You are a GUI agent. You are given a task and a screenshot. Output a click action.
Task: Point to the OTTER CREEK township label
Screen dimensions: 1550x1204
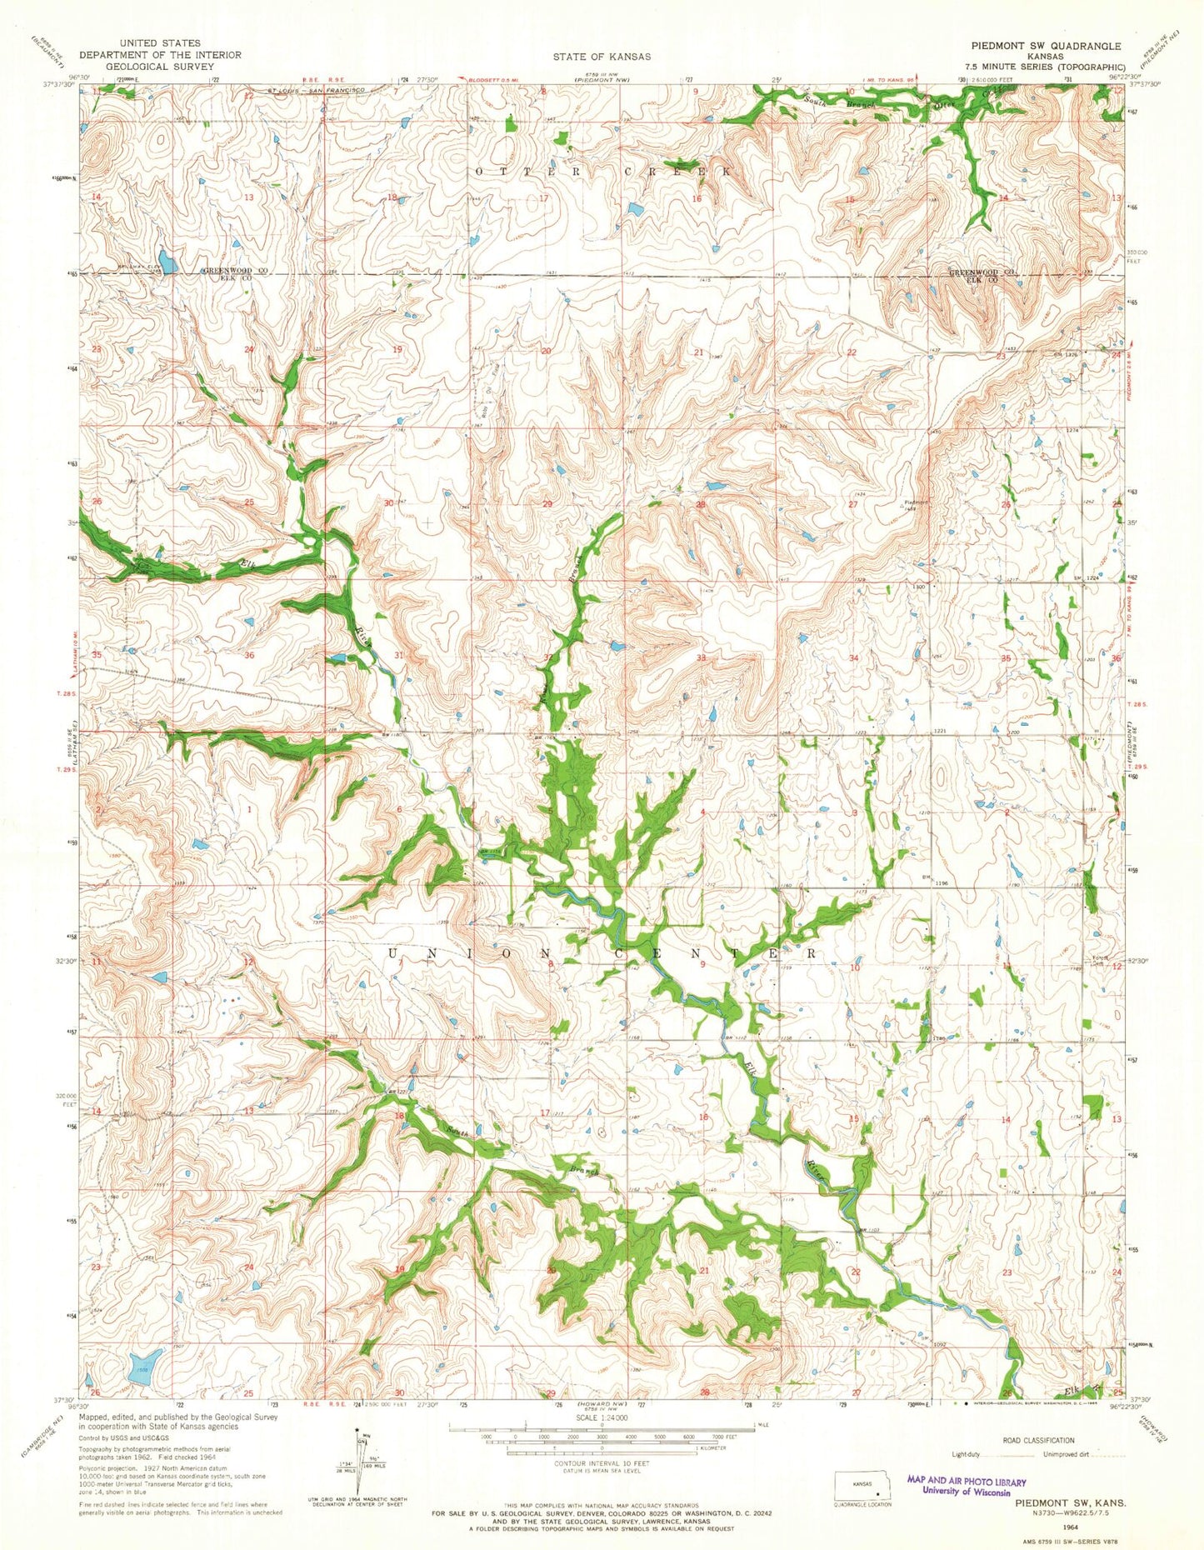pyautogui.click(x=605, y=170)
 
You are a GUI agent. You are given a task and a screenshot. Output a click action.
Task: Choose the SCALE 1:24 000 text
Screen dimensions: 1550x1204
pyautogui.click(x=600, y=1417)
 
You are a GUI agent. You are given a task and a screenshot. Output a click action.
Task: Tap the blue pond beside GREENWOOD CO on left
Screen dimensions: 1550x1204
pyautogui.click(x=167, y=262)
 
